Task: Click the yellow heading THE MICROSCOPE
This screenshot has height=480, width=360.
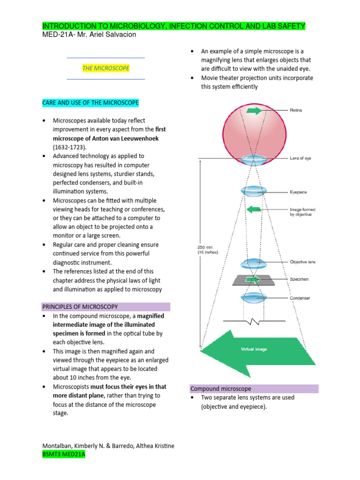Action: pos(106,68)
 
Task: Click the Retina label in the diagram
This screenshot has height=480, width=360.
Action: pos(296,111)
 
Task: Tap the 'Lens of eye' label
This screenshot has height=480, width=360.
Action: pos(300,158)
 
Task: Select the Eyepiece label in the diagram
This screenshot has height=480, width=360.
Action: pos(298,192)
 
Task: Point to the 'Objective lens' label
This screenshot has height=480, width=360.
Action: pos(302,262)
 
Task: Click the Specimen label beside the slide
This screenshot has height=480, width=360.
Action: pos(299,279)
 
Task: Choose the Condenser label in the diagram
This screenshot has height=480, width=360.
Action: pos(300,298)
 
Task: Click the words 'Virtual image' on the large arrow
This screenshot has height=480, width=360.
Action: pos(254,349)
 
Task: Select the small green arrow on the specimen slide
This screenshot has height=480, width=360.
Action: pos(253,279)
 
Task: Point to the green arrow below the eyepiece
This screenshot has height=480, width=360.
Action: pos(254,209)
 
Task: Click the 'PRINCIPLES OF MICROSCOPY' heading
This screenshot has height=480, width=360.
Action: pos(80,307)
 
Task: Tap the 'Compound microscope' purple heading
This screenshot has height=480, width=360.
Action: pos(220,389)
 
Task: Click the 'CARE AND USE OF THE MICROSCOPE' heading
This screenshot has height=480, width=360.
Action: pos(90,103)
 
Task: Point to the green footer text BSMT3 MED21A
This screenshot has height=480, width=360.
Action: pos(64,455)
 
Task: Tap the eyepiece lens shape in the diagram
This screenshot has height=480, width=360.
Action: pos(254,191)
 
